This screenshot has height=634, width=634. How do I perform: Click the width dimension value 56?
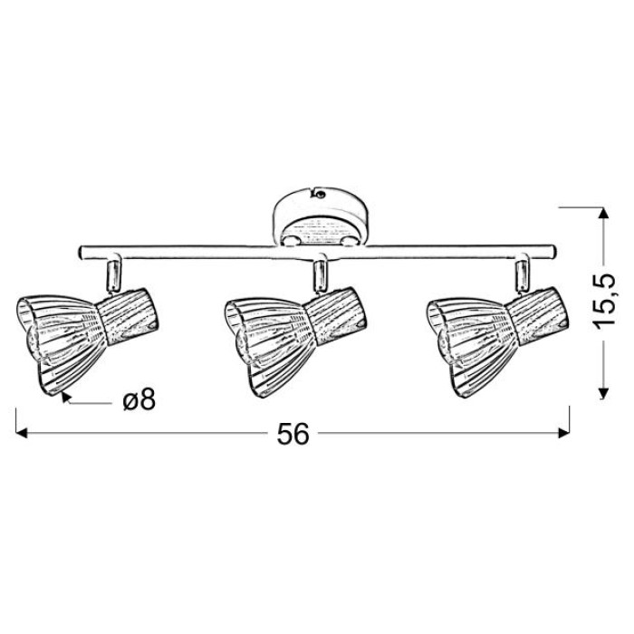(293, 435)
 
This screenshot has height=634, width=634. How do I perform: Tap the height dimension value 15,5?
(604, 300)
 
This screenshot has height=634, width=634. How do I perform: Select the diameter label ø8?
(139, 400)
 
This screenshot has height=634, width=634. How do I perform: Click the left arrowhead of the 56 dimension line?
(21, 433)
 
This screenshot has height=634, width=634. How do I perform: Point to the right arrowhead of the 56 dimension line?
(563, 433)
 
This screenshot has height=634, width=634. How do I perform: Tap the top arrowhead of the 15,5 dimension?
(603, 213)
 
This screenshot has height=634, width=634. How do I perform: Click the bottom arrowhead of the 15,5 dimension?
(603, 393)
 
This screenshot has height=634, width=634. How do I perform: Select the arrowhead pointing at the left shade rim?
(66, 398)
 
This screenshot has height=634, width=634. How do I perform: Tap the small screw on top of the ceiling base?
(320, 195)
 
